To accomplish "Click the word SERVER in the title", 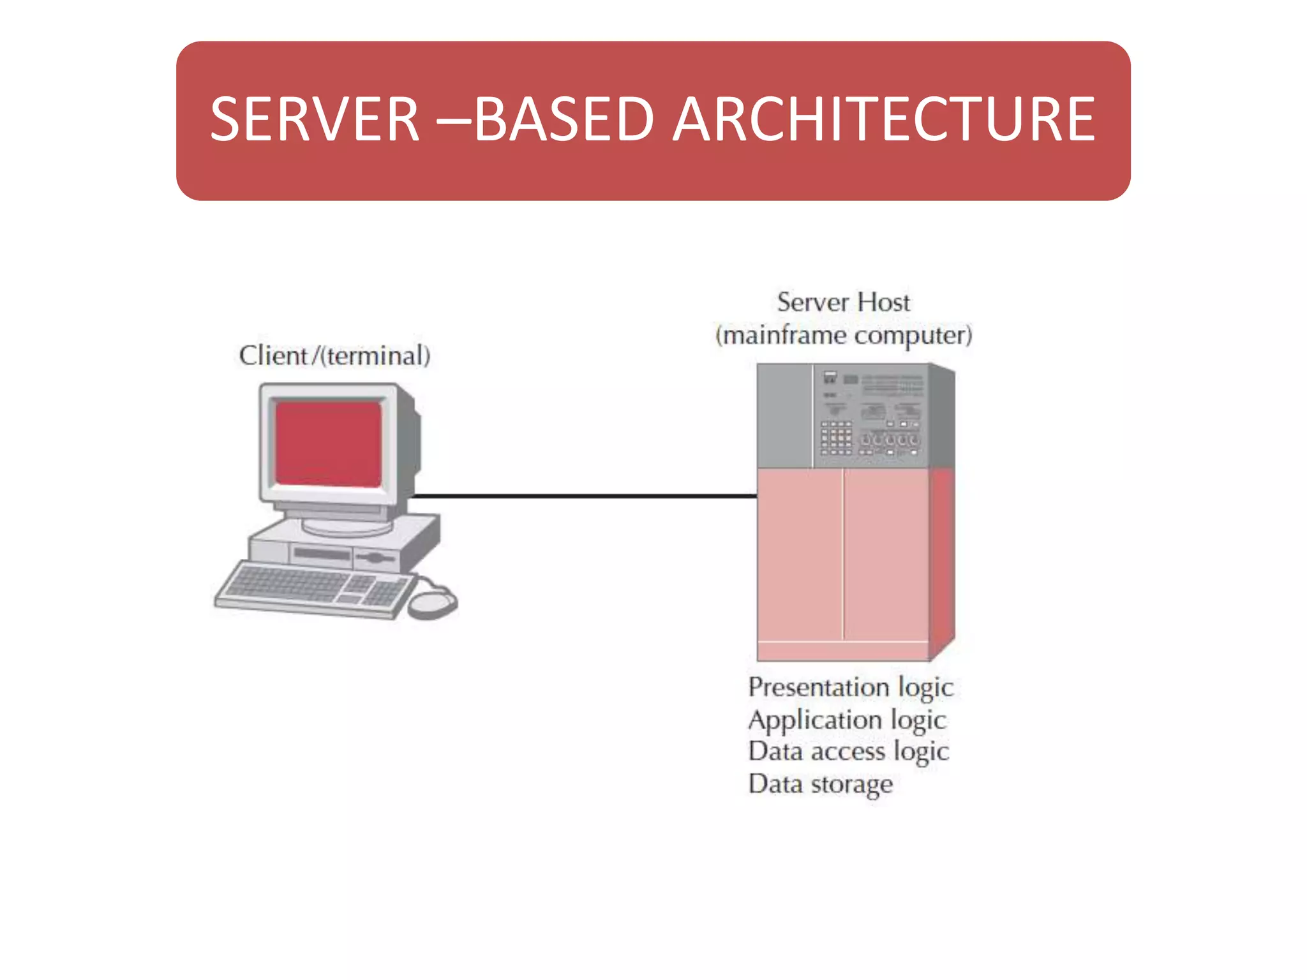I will [315, 119].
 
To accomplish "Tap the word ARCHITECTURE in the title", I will [884, 119].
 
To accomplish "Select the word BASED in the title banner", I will [564, 119].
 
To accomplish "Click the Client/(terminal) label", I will [334, 356].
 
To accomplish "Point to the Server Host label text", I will [843, 302].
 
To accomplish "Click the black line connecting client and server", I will [584, 495].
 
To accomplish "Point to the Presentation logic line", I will [850, 688].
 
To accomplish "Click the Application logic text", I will [846, 720].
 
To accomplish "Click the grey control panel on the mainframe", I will [871, 415].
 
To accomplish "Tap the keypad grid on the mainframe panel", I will [836, 438].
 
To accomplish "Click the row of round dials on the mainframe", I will [890, 440].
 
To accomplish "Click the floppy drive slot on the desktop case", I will [323, 554].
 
